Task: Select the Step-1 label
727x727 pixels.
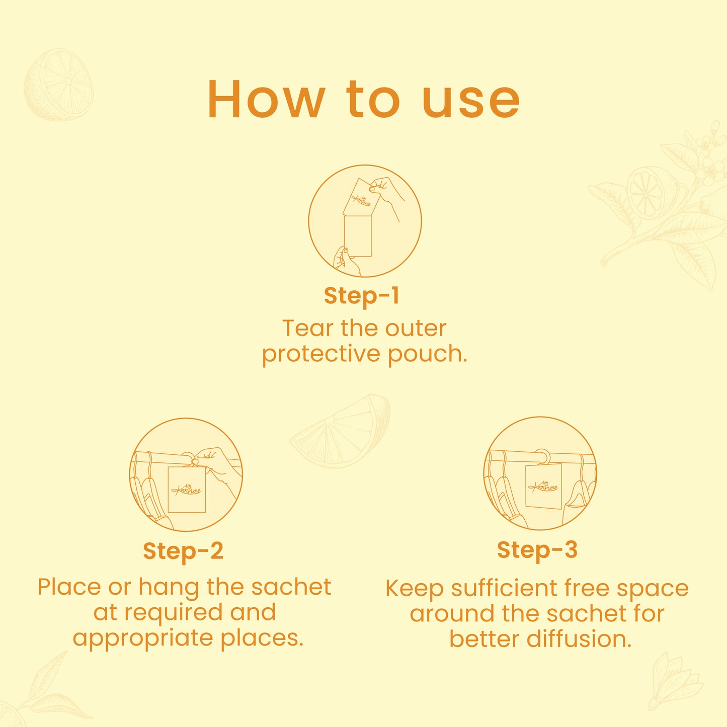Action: pos(361,296)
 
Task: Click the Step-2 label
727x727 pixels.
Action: pos(183,551)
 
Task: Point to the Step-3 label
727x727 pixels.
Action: pos(537,550)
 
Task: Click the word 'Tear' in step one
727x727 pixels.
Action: pos(308,328)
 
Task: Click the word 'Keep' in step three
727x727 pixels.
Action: pos(414,589)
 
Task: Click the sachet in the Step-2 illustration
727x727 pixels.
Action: pos(187,490)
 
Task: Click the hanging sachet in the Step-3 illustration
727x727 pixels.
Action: pos(543,487)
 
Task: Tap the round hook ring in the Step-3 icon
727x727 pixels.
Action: pos(542,455)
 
